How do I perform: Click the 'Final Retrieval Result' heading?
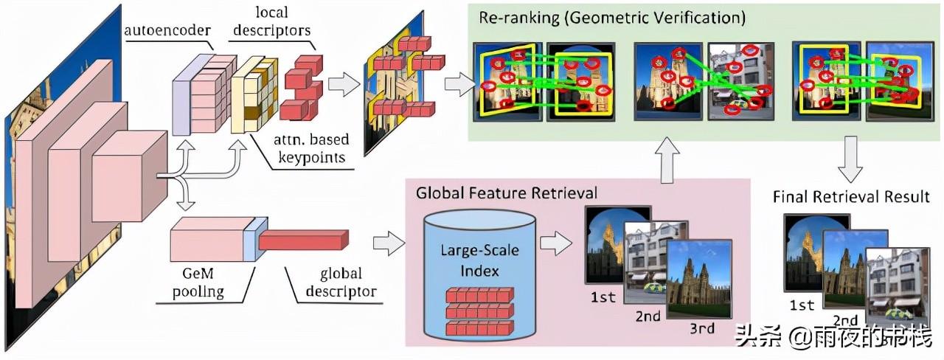(850, 196)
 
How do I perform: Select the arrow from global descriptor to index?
(389, 242)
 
